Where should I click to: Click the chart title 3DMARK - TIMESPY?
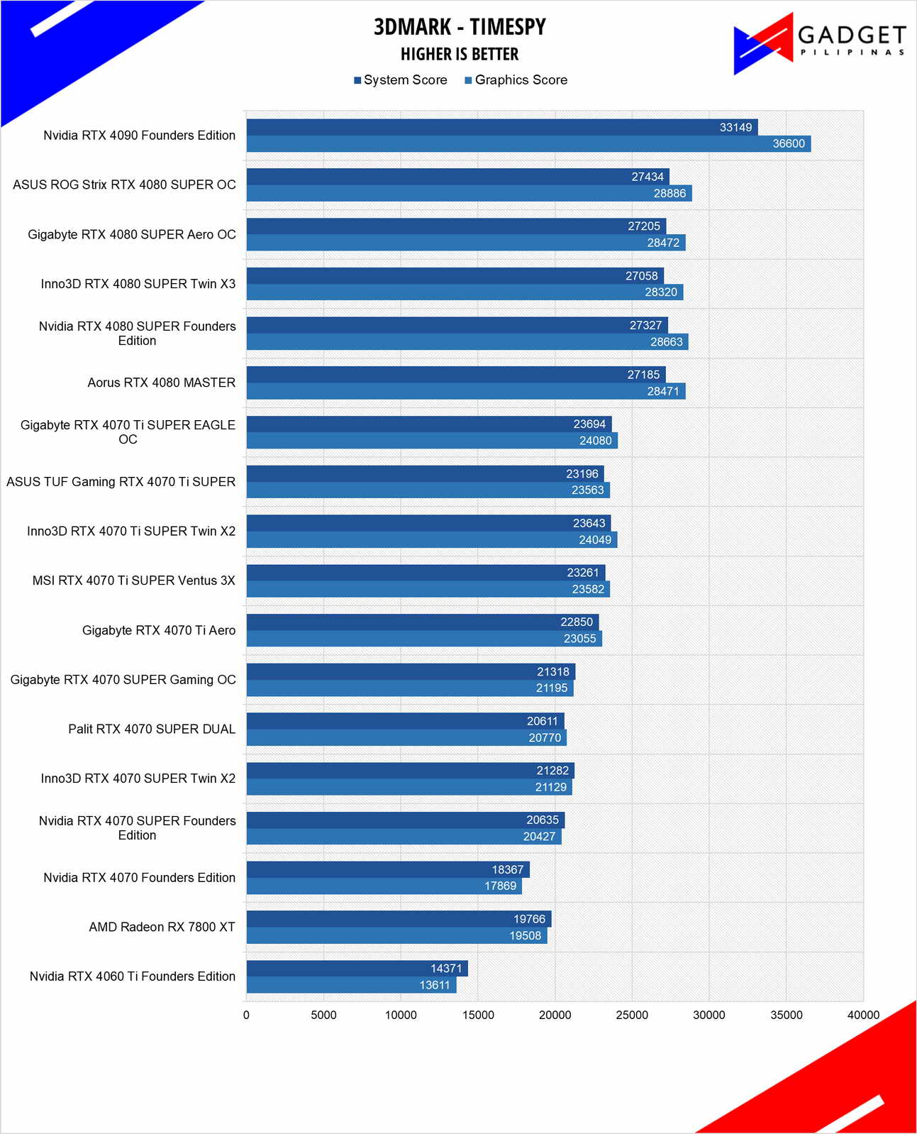[x=460, y=27]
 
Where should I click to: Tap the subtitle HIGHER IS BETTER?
[x=460, y=55]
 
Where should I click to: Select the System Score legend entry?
[x=401, y=80]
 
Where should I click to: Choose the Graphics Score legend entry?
[x=516, y=80]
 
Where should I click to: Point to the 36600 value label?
[x=789, y=144]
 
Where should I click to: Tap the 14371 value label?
[x=446, y=969]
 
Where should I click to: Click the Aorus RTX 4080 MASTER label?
[x=162, y=382]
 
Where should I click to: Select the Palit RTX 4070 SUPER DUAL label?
[x=152, y=729]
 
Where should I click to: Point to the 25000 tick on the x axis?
[x=632, y=1015]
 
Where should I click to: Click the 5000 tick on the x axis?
[x=323, y=1015]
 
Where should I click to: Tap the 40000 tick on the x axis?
[x=863, y=1015]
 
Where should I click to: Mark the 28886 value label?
[x=669, y=194]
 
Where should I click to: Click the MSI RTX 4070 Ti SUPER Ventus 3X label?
[x=134, y=580]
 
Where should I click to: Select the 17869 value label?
[x=500, y=886]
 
